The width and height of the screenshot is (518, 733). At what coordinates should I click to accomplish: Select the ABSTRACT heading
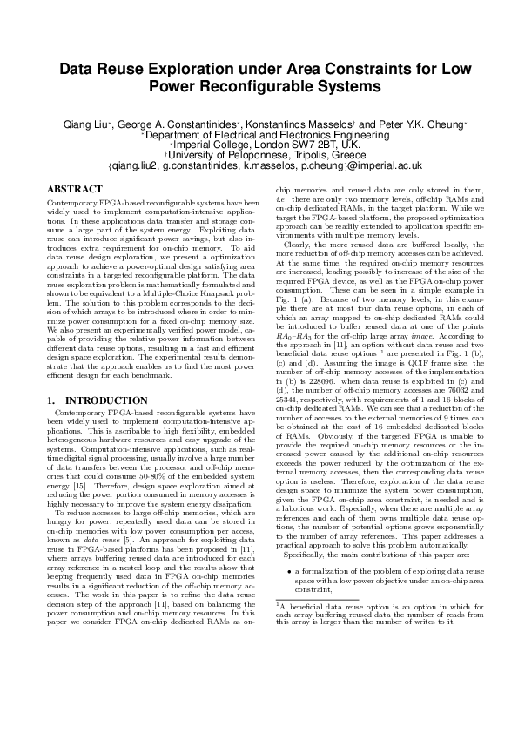(x=74, y=189)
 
